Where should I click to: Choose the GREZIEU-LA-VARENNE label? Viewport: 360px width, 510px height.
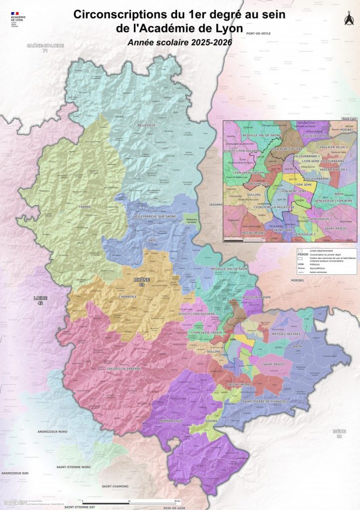coord(124,369)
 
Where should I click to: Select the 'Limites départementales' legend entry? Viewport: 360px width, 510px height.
coord(321,251)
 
